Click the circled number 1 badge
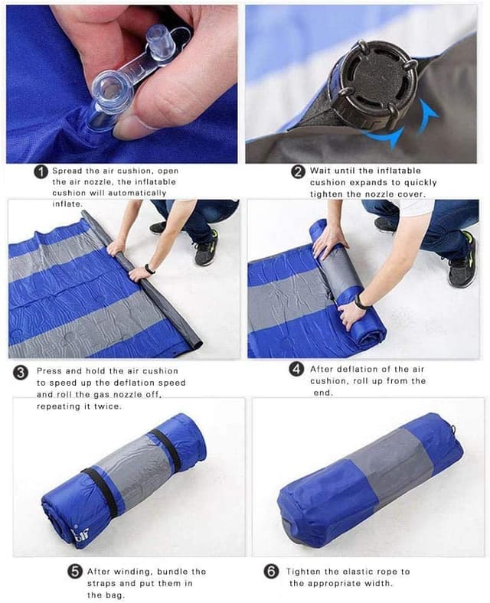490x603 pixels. tap(41, 172)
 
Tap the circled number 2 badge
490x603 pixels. tap(299, 172)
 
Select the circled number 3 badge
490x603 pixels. tap(21, 373)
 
